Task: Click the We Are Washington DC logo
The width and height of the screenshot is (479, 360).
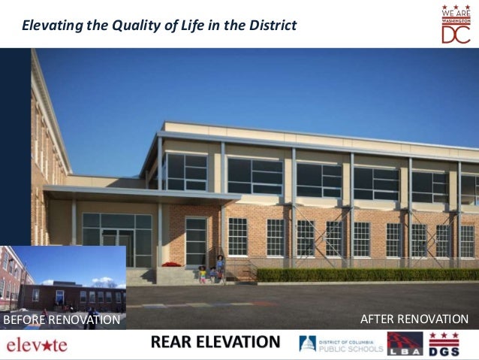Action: pyautogui.click(x=456, y=23)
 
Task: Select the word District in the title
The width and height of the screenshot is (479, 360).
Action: pyautogui.click(x=273, y=26)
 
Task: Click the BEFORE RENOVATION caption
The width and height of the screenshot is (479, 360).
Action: pyautogui.click(x=62, y=321)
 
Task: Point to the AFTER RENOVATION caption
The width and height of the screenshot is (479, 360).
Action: pyautogui.click(x=414, y=320)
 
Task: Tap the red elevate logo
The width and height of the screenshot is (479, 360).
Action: pyautogui.click(x=37, y=345)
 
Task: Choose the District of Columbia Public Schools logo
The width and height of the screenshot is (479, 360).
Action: pyautogui.click(x=341, y=344)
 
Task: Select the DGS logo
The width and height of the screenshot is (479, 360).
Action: pyautogui.click(x=444, y=343)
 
